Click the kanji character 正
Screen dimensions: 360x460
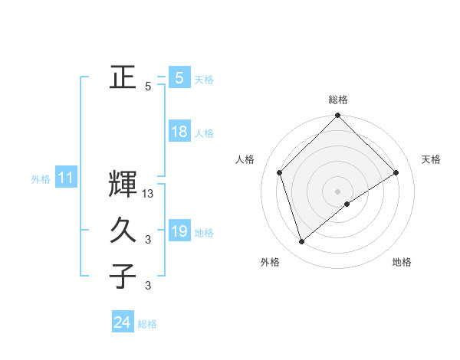click(123, 77)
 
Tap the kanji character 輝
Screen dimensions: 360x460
click(123, 185)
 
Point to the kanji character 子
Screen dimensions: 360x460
click(123, 276)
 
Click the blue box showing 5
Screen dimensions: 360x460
click(179, 78)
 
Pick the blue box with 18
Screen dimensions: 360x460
click(179, 132)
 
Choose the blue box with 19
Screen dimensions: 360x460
click(179, 231)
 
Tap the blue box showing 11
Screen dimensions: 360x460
click(65, 178)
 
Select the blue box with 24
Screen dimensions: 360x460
click(123, 322)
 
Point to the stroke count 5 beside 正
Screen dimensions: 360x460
click(148, 87)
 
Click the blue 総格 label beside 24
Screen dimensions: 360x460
click(147, 324)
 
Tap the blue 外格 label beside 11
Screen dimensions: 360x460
click(41, 179)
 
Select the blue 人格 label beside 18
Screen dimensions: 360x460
click(204, 133)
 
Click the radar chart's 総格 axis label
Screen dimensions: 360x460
click(338, 100)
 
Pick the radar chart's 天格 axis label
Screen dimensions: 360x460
click(432, 159)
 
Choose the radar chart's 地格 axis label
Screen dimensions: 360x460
click(402, 262)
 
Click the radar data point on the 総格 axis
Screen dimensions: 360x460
click(338, 116)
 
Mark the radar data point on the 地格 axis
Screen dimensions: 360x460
click(347, 204)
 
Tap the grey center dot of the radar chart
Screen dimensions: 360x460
click(338, 191)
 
